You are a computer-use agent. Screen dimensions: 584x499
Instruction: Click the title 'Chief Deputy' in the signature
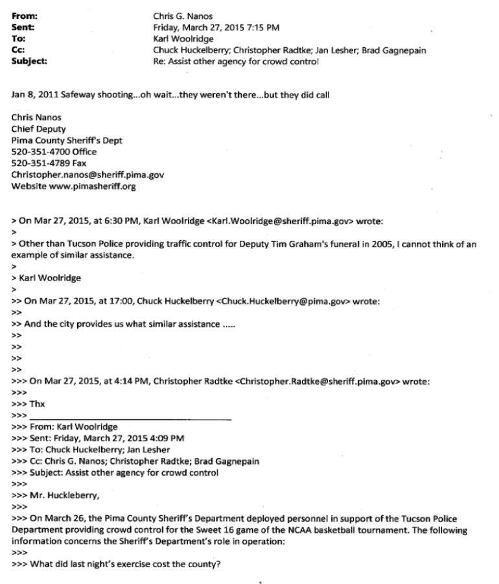(x=38, y=129)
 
